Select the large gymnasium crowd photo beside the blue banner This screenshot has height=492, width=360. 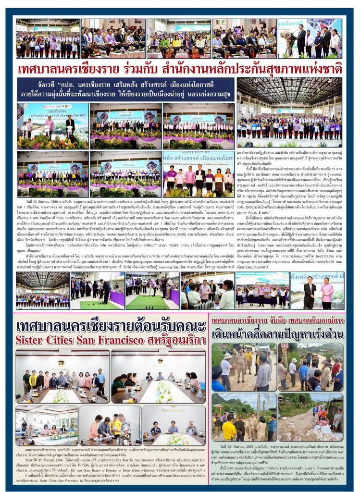click(x=289, y=113)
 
